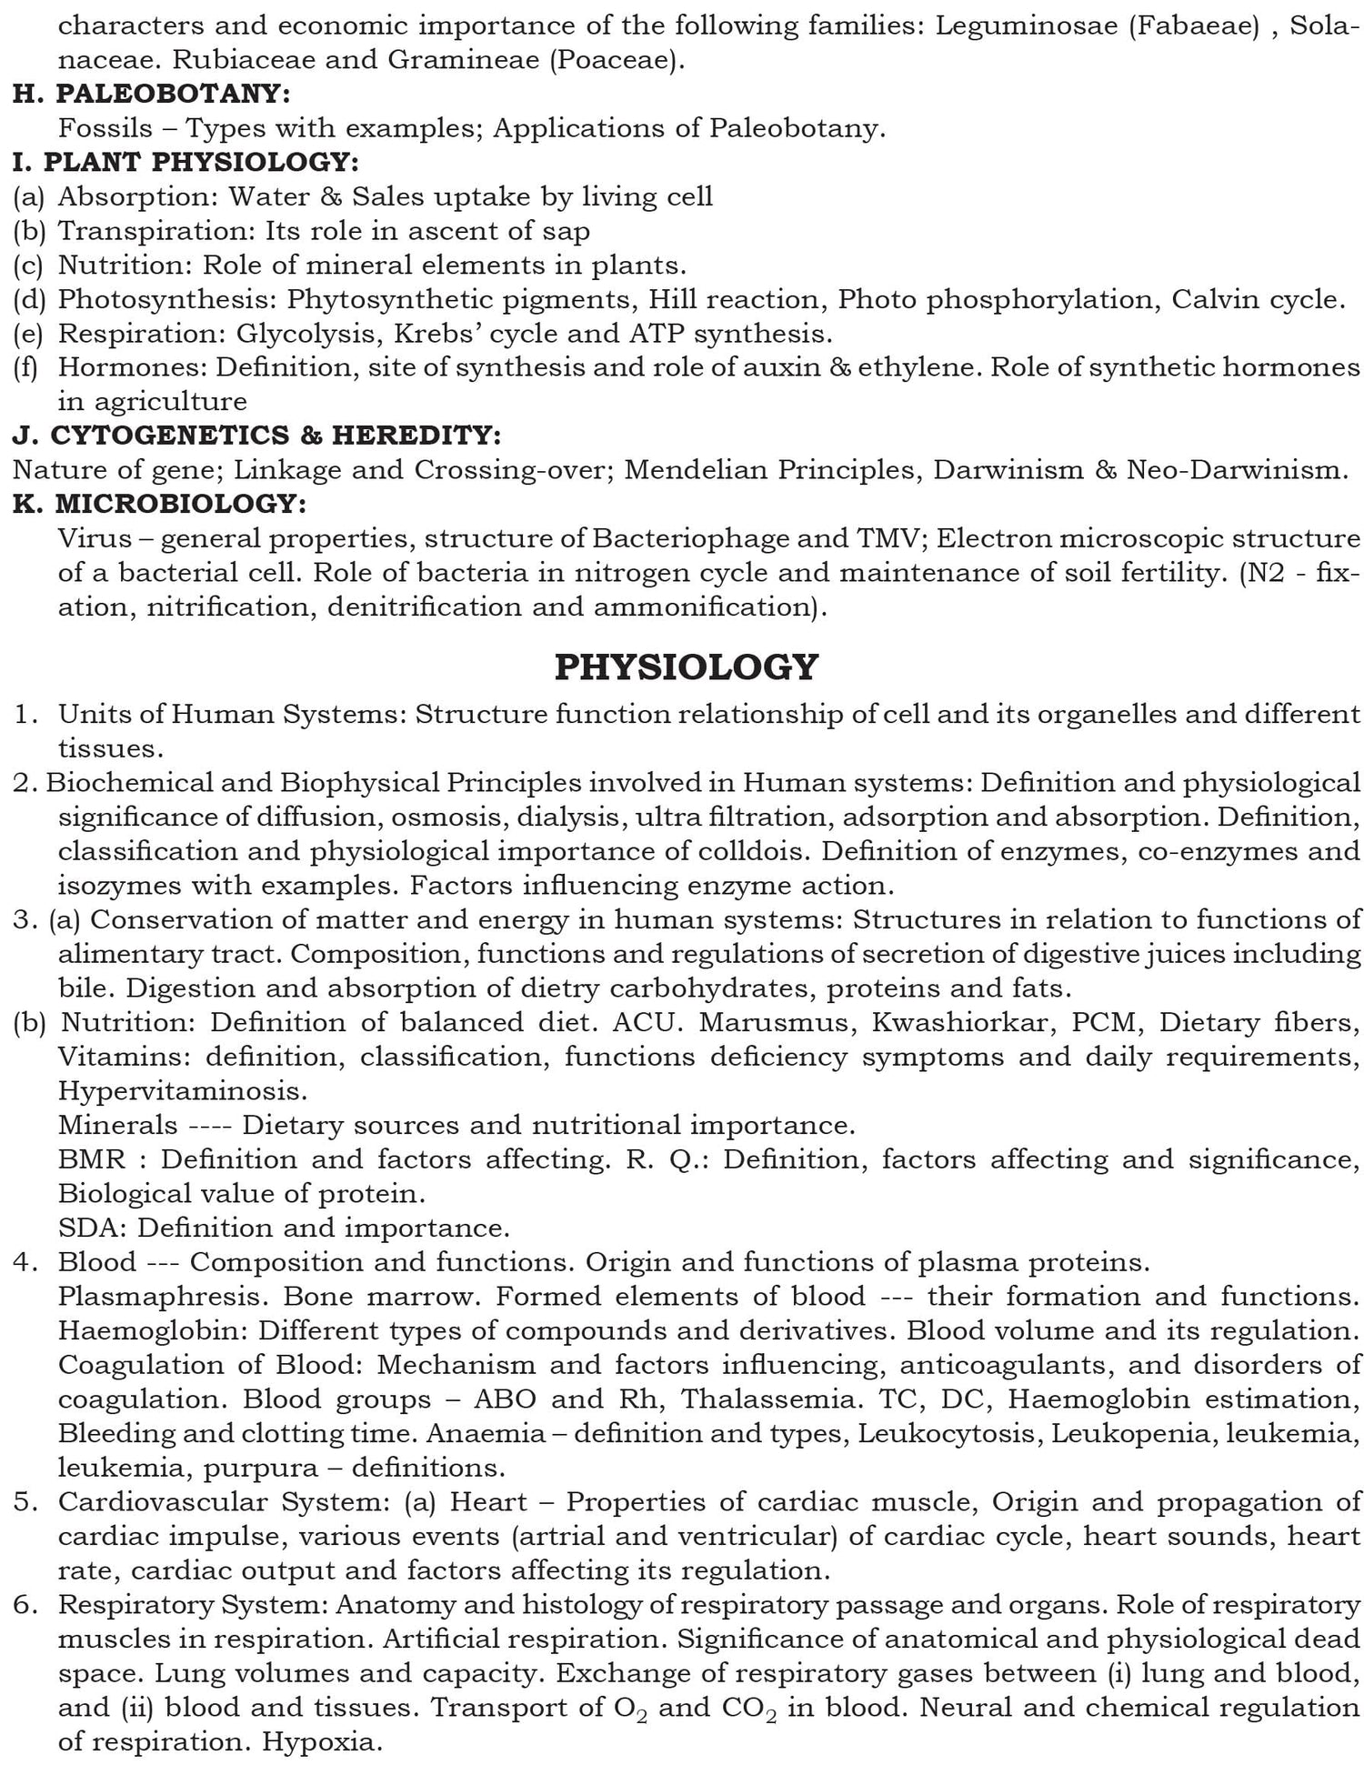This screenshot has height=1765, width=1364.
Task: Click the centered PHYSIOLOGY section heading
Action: click(687, 667)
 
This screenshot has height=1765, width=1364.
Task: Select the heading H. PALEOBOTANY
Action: click(152, 94)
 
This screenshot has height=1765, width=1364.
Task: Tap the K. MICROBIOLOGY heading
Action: click(160, 503)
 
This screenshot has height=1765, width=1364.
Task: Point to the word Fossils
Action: click(93, 128)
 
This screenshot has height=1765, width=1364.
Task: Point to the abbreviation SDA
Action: click(93, 1228)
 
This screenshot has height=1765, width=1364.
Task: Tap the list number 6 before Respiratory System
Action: click(24, 1605)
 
